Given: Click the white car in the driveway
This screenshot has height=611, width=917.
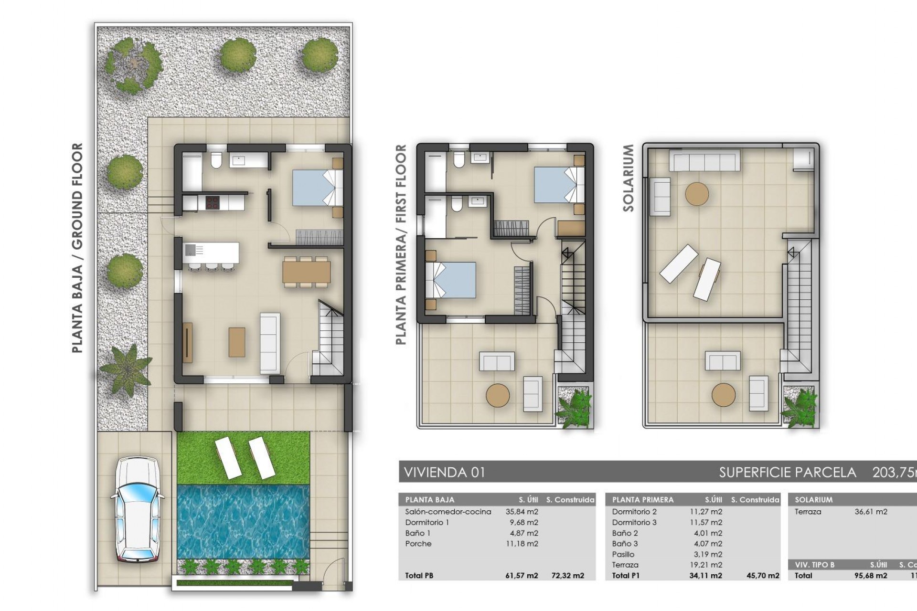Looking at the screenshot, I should coord(137,509).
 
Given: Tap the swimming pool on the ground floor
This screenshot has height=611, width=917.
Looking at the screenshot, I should coord(243,523).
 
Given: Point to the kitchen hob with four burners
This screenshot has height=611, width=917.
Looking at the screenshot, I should coord(212,202).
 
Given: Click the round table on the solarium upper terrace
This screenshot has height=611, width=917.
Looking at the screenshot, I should coord(697,194).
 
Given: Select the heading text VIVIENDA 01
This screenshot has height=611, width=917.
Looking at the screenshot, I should coord(444,473).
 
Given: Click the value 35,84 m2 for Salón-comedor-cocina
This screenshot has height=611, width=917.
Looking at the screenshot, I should coord(522,512).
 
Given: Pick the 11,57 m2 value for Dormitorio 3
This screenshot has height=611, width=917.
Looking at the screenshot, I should coord(706,522).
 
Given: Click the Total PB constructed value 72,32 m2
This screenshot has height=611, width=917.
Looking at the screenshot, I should coord(568,576).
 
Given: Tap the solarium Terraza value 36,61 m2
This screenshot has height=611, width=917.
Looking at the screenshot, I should coord(871,512).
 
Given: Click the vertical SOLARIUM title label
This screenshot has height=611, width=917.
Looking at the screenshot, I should coord(628,178).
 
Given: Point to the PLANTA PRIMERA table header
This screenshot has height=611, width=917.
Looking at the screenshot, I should coord(642,500).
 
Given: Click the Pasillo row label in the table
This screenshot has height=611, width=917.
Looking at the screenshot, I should coord(623,554).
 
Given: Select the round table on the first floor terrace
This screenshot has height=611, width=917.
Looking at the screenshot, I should coord(498,395).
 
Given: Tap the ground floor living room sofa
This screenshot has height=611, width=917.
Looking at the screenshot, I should coord(269,343).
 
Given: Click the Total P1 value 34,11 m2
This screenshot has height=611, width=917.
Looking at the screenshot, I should coord(706,576).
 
